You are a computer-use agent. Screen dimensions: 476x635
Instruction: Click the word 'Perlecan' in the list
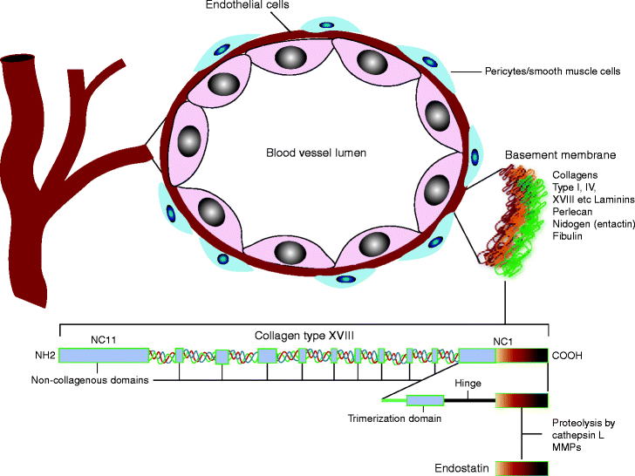(576, 212)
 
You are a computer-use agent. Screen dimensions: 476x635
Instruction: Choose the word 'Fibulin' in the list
(570, 236)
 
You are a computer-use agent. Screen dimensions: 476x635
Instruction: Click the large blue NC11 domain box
(103, 355)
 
